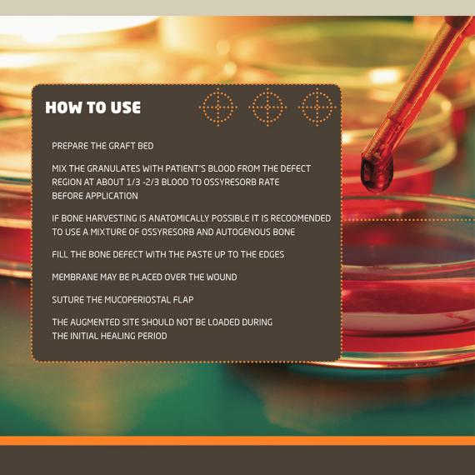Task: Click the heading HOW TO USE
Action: [93, 107]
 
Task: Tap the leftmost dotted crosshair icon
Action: [218, 107]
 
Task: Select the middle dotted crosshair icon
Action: [267, 107]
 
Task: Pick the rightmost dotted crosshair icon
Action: [317, 107]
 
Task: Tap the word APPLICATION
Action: [112, 196]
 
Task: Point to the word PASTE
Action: [199, 254]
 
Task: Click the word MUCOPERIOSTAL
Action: [137, 300]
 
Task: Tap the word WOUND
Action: [222, 277]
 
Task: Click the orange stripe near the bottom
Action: [237, 441]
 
